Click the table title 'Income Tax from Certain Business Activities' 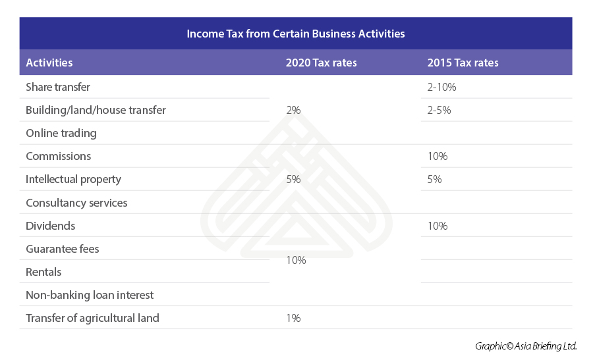click(x=296, y=33)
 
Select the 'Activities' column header click(x=49, y=63)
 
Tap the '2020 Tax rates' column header click(x=321, y=63)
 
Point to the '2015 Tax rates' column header click(x=463, y=63)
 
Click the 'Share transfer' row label click(x=58, y=87)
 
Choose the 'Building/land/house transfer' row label click(x=96, y=110)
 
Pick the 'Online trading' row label click(x=61, y=133)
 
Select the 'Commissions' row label click(x=59, y=156)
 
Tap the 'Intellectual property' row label click(x=73, y=179)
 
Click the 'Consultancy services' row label click(x=76, y=203)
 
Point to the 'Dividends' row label click(x=51, y=226)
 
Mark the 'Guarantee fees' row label click(x=63, y=249)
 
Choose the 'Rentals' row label click(x=43, y=272)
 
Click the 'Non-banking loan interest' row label click(x=90, y=295)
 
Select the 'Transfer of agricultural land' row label click(x=92, y=318)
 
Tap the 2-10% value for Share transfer click(x=441, y=87)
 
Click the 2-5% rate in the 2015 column click(x=439, y=110)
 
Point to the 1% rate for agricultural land click(x=293, y=318)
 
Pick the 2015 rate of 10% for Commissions click(x=438, y=156)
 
